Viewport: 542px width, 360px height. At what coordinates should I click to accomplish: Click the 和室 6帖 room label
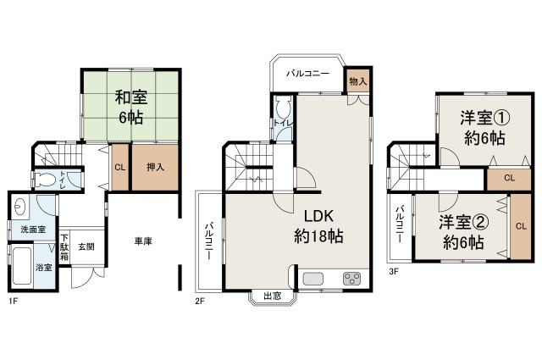pyautogui.click(x=131, y=108)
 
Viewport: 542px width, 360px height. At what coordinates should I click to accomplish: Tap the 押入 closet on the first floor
pyautogui.click(x=155, y=167)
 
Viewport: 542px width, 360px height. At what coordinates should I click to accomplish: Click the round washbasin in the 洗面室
pyautogui.click(x=19, y=207)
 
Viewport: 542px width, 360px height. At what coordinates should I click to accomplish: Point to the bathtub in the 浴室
pyautogui.click(x=22, y=267)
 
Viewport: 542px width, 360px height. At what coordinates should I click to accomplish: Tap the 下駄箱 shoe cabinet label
pyautogui.click(x=64, y=247)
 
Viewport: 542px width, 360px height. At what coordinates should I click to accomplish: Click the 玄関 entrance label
pyautogui.click(x=86, y=246)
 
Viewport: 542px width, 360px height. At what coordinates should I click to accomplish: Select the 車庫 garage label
pyautogui.click(x=143, y=241)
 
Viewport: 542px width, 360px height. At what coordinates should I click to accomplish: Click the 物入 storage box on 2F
pyautogui.click(x=357, y=81)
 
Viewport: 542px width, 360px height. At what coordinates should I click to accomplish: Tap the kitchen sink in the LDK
pyautogui.click(x=312, y=279)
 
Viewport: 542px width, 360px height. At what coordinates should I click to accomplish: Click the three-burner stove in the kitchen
pyautogui.click(x=352, y=279)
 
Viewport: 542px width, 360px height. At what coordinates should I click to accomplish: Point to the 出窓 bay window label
pyautogui.click(x=273, y=296)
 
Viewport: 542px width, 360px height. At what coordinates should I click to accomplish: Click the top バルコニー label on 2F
pyautogui.click(x=308, y=74)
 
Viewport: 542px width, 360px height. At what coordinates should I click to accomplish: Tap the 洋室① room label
pyautogui.click(x=484, y=118)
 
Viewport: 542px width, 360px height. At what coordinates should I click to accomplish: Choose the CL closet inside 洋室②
pyautogui.click(x=521, y=226)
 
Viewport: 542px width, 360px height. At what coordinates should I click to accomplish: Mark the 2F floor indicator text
pyautogui.click(x=200, y=302)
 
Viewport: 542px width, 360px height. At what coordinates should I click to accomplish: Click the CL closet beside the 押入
pyautogui.click(x=120, y=168)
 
